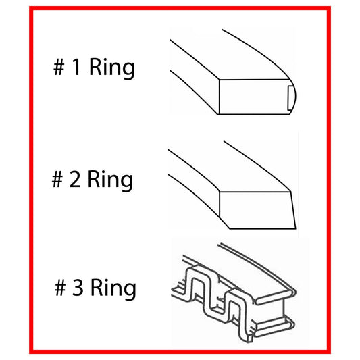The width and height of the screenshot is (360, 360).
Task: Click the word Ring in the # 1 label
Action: [111, 68]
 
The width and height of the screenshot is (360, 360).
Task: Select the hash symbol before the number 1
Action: [60, 68]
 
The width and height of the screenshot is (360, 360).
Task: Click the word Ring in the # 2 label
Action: [110, 180]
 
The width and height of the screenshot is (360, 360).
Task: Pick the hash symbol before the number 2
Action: [58, 180]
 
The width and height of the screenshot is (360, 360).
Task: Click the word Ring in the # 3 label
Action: [113, 288]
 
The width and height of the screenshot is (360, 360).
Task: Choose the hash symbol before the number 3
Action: [61, 288]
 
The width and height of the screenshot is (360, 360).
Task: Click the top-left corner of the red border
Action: [30, 9]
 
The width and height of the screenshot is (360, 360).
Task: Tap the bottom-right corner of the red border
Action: [330, 351]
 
